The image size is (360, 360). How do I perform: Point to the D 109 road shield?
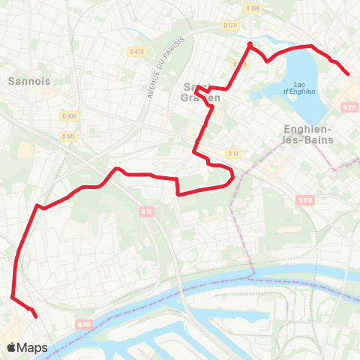(252, 8)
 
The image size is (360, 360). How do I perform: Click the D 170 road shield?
(230, 25)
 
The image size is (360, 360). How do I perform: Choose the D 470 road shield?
(136, 51)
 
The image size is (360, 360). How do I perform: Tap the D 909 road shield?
(70, 115)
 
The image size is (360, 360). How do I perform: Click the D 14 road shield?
(232, 154)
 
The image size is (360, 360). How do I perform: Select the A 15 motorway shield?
(145, 212)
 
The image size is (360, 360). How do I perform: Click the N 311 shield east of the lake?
(349, 108)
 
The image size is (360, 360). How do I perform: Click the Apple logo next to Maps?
(12, 348)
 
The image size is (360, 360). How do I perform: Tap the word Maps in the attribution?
(33, 348)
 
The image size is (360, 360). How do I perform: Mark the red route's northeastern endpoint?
(349, 73)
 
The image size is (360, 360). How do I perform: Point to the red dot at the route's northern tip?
(249, 45)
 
